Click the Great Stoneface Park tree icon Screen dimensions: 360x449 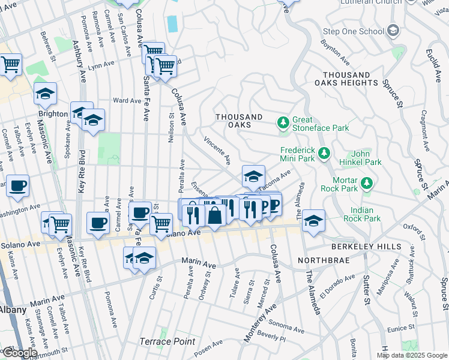pos(283,123)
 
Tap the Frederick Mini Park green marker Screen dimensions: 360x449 pos(324,154)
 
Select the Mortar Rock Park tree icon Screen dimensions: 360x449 pos(366,182)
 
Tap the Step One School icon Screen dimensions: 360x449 pos(393,31)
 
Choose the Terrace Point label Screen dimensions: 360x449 pos(167,341)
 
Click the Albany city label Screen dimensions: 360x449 pos(13,310)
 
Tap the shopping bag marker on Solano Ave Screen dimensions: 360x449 pos(214,215)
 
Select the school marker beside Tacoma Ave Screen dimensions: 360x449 pos(253,176)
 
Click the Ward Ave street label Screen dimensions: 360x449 pos(127,101)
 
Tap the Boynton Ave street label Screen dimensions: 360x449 pos(336,52)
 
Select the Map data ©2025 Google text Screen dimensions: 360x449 pos(412,355)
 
